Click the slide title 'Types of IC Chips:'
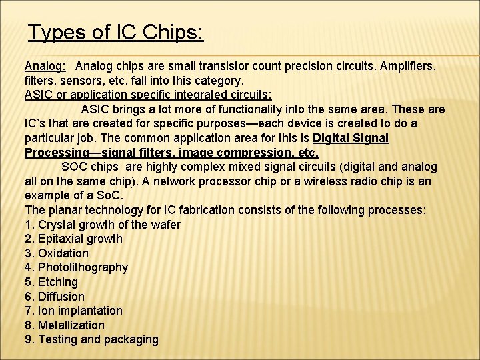[116, 32]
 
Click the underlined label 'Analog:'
[45, 66]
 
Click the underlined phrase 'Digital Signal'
[351, 138]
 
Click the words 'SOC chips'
[89, 167]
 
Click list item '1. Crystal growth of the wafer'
[102, 224]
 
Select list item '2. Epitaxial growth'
[73, 239]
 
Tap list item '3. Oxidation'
[57, 253]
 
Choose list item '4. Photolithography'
[76, 267]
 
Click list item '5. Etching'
[51, 282]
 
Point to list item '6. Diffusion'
[55, 296]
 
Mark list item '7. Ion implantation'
[73, 311]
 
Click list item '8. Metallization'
[65, 325]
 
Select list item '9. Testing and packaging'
[91, 339]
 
